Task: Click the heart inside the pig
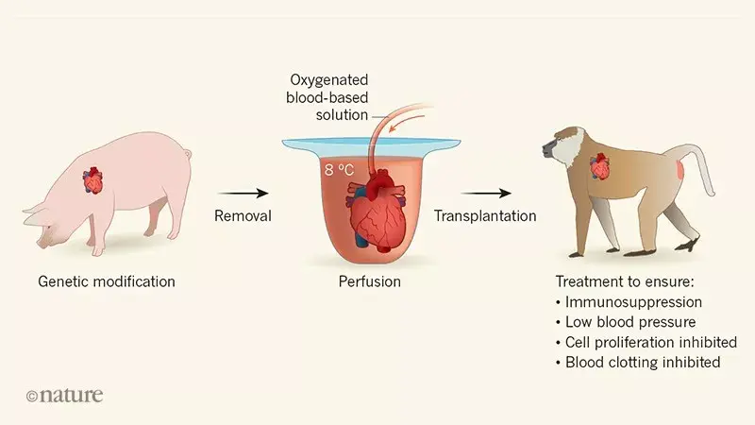point(94,178)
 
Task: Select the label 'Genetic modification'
point(107,281)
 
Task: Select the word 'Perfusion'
point(370,281)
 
